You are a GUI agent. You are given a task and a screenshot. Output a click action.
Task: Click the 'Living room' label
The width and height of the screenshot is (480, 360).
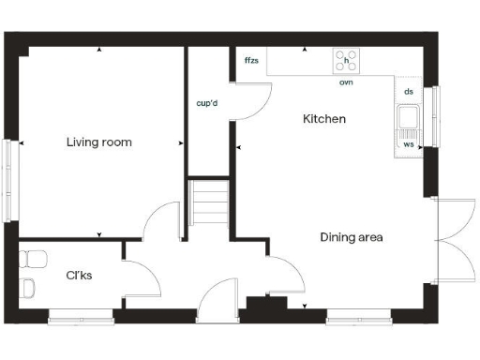point(98,142)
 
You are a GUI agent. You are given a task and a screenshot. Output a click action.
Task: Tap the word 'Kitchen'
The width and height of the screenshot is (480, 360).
point(324,120)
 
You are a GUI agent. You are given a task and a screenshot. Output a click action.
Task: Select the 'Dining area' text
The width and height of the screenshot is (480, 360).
point(352,237)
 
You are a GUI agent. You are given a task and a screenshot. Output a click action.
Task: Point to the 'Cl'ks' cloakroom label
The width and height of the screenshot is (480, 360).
point(78,276)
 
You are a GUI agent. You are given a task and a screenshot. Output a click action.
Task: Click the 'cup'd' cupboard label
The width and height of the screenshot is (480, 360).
point(207,103)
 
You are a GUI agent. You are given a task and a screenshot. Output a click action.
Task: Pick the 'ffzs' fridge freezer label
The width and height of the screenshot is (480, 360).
point(251,61)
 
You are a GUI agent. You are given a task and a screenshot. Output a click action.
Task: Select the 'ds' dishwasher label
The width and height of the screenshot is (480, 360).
point(408,92)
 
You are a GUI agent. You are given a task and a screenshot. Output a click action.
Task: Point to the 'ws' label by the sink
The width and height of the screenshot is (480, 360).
point(408,145)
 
